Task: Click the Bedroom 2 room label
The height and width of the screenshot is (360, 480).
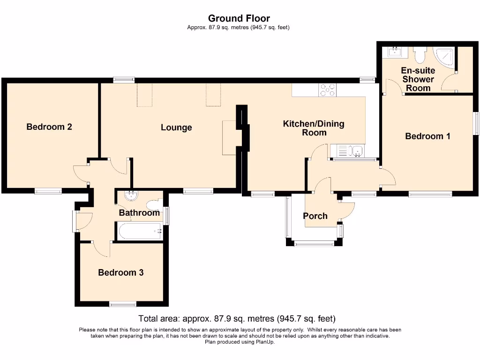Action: click(x=49, y=127)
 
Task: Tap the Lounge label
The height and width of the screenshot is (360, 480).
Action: click(x=176, y=127)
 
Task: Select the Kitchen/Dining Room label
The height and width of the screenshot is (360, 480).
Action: click(x=314, y=128)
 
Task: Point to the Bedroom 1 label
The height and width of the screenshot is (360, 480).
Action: click(x=427, y=136)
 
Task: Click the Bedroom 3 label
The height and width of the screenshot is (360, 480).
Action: click(x=121, y=272)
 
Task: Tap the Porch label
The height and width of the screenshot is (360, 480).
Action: click(x=315, y=216)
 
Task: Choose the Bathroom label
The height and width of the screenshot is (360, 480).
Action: click(x=139, y=212)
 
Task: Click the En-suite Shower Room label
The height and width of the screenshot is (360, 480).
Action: click(x=418, y=79)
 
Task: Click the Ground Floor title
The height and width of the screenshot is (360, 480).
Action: click(x=239, y=18)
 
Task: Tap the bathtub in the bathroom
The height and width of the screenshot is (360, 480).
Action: click(x=140, y=231)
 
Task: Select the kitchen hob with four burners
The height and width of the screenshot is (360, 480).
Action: click(x=328, y=90)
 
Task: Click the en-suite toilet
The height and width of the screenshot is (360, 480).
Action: click(x=419, y=54)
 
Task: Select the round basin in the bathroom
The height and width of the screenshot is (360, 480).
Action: click(x=132, y=195)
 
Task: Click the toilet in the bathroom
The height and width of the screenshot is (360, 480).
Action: click(x=155, y=204)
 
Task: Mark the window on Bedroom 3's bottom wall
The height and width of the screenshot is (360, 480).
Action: click(x=123, y=304)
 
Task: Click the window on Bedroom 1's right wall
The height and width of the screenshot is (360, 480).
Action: click(x=476, y=123)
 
